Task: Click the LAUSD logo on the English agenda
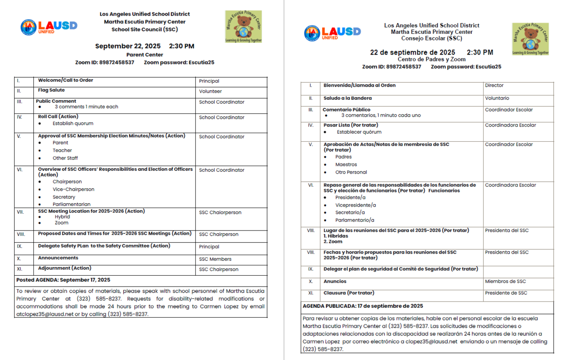pos(48,26)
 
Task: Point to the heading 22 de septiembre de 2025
pos(412,52)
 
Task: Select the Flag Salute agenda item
pos(51,90)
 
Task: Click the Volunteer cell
pos(210,91)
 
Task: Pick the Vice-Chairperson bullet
pos(73,189)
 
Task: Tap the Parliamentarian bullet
pos(72,204)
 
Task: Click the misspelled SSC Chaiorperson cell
pos(220,212)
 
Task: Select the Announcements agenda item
pos(58,258)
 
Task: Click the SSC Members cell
pos(215,259)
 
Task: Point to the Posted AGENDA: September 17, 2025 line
pos(63,280)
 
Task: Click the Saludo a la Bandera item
pos(347,98)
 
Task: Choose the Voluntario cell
pos(497,98)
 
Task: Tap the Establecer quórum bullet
pos(359,132)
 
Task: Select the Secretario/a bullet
pos(350,212)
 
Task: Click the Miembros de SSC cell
pos(507,281)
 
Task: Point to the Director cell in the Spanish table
pos(494,86)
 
